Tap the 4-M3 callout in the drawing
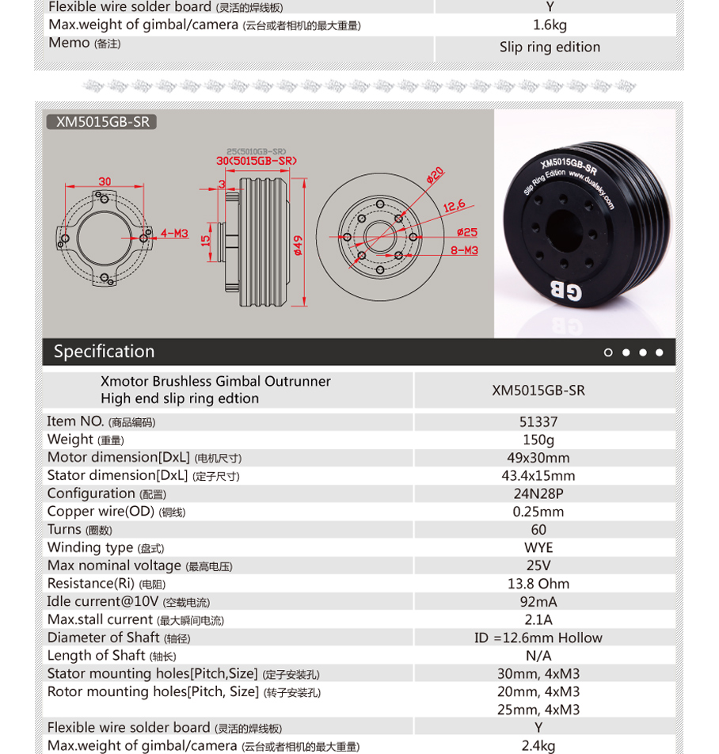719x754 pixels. coord(174,234)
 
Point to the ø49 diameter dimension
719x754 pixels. coord(298,245)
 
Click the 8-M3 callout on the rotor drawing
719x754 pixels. coord(464,250)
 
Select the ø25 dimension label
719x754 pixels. coord(467,232)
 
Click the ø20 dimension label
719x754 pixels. coord(435,174)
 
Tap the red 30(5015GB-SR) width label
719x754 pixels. coord(256,161)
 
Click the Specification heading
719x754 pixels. coord(104,352)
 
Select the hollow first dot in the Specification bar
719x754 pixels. coord(608,352)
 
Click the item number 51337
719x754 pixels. coord(538,422)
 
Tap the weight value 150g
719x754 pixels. coord(538,440)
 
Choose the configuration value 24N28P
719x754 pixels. coord(538,494)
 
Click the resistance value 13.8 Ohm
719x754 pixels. coord(538,585)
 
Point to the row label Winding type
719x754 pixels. coord(90,548)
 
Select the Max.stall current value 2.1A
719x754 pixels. coord(538,620)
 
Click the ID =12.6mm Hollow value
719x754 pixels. coord(538,638)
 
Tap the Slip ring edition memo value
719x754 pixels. coord(550,48)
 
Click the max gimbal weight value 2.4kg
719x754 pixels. coord(538,746)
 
